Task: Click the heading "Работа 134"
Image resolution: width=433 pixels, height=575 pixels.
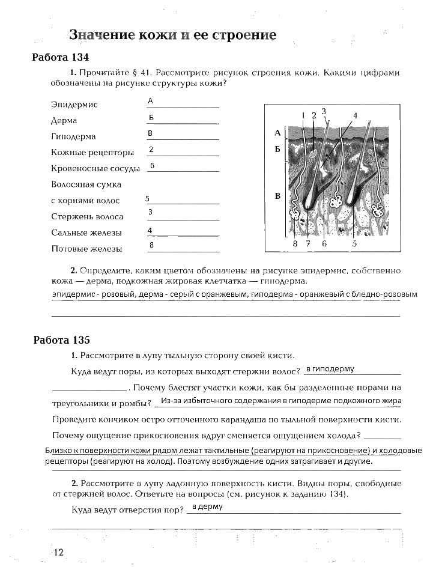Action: pyautogui.click(x=60, y=58)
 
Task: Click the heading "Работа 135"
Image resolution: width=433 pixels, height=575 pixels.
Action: pyautogui.click(x=61, y=339)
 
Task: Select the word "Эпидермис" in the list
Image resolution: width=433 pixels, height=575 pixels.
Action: pyautogui.click(x=74, y=105)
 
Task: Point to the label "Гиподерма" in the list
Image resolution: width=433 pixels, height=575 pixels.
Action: pyautogui.click(x=74, y=136)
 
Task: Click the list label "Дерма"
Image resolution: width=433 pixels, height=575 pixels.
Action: pyautogui.click(x=64, y=121)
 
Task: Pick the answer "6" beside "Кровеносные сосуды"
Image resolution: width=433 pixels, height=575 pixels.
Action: pyautogui.click(x=153, y=165)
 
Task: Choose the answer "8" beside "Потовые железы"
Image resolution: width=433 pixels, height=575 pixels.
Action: pyautogui.click(x=152, y=245)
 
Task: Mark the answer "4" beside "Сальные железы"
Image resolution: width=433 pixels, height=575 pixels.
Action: pyautogui.click(x=150, y=230)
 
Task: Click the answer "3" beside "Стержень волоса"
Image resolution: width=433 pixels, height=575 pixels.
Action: pyautogui.click(x=150, y=212)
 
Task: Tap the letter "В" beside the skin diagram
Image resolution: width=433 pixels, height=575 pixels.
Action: pyautogui.click(x=277, y=196)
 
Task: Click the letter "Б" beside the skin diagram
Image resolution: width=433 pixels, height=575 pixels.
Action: pyautogui.click(x=277, y=148)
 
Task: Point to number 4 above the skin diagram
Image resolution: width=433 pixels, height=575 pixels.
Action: pyautogui.click(x=355, y=115)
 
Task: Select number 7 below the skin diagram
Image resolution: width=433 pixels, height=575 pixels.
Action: pyautogui.click(x=308, y=244)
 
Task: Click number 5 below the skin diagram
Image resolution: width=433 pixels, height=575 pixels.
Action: pyautogui.click(x=354, y=244)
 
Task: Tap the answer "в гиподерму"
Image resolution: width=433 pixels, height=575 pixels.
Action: pyautogui.click(x=330, y=369)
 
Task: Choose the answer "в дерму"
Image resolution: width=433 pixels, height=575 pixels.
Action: pyautogui.click(x=207, y=507)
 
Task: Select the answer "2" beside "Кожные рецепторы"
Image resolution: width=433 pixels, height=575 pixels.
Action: pyautogui.click(x=151, y=149)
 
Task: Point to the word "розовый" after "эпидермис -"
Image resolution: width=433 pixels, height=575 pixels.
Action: pyautogui.click(x=118, y=295)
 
